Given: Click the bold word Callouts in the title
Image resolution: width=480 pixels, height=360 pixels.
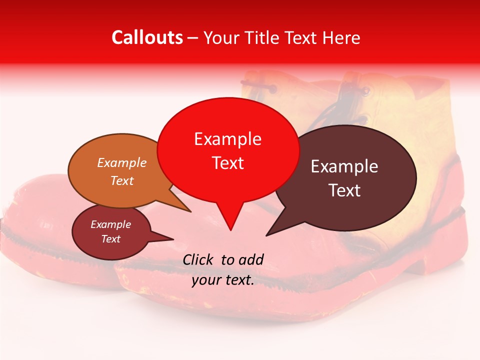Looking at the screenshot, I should point(147,37).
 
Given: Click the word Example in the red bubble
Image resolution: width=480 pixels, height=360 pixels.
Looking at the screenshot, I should point(227,139).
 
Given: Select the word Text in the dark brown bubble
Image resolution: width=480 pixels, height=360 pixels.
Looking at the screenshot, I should point(344,190).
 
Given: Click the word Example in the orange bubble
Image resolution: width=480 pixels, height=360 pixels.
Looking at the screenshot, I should point(122,162).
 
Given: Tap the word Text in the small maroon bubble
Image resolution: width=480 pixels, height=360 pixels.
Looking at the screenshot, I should point(111,239).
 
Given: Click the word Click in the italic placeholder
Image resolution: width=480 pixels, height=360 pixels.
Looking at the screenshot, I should point(199,259).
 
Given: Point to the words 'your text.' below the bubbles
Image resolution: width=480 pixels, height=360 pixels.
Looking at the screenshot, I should point(223,280).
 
